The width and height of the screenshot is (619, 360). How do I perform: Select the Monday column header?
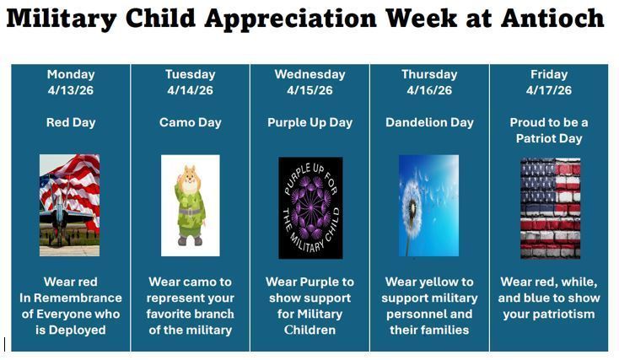click(71, 75)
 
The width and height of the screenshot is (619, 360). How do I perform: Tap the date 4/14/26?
click(190, 90)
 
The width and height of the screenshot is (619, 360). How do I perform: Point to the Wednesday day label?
click(309, 75)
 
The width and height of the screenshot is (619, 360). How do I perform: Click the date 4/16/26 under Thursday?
click(429, 90)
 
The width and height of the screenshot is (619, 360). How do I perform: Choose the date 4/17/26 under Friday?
click(549, 90)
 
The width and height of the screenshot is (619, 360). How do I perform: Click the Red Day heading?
click(71, 122)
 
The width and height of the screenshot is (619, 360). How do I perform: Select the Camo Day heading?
click(190, 122)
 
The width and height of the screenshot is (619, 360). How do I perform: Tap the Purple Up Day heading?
click(309, 122)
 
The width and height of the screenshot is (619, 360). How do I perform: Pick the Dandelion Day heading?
click(429, 122)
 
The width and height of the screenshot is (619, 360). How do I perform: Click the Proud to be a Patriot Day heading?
click(549, 130)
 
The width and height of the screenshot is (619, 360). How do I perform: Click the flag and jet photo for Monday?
click(69, 205)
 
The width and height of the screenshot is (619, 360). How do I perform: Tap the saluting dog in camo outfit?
click(190, 205)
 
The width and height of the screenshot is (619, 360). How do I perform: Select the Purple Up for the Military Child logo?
click(310, 207)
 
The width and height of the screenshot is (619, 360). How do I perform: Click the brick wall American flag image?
click(550, 207)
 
